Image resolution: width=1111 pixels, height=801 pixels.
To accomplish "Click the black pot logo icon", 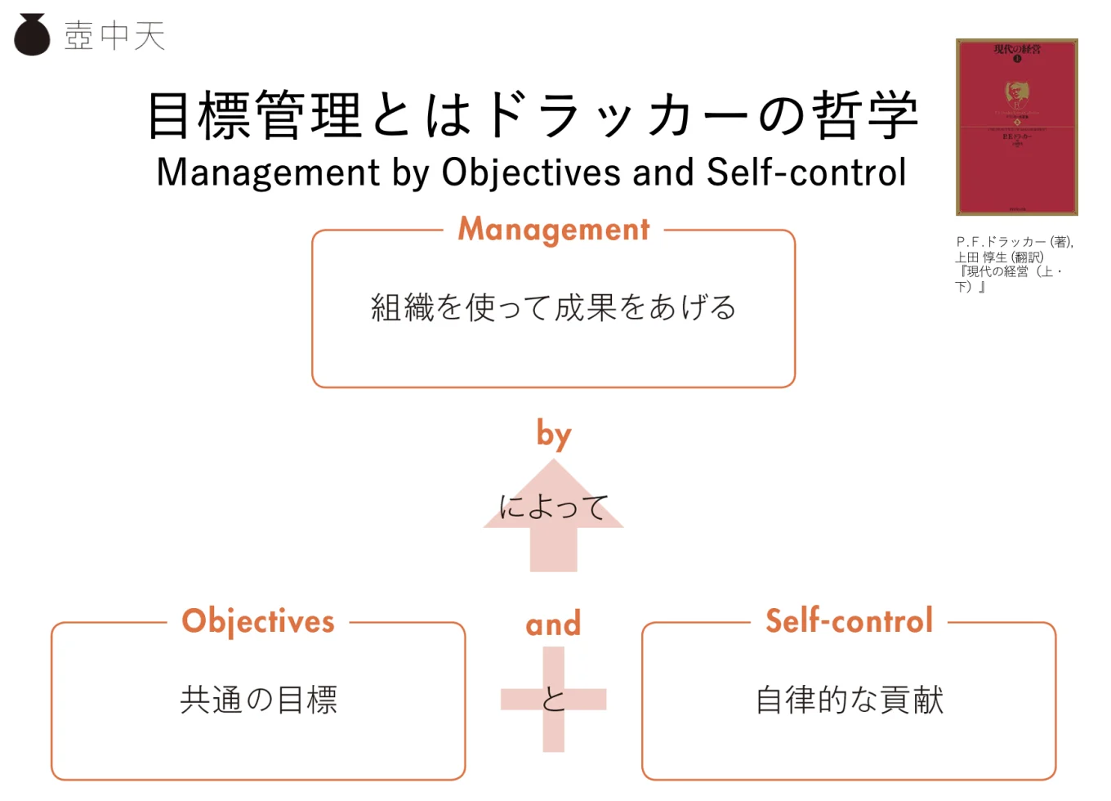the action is tap(33, 35).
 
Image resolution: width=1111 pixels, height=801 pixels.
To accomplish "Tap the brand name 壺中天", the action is tap(115, 36).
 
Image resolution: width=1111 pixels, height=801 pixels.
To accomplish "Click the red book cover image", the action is tap(1016, 127).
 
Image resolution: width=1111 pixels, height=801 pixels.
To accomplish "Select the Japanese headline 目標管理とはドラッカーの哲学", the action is tap(533, 115).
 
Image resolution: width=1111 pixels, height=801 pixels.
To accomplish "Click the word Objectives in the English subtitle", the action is tap(531, 172).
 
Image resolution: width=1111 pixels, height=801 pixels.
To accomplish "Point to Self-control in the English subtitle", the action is tap(806, 172).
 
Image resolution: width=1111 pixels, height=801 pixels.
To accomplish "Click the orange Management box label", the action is tap(554, 230).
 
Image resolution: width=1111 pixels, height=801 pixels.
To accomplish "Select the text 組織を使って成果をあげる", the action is tap(554, 308).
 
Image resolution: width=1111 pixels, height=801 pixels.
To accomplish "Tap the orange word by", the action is tap(554, 434).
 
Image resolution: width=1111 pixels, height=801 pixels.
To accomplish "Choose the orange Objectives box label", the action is tap(258, 622).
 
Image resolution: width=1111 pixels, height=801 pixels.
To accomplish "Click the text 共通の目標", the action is tap(258, 700).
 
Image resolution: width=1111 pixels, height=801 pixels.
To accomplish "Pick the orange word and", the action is tap(554, 624).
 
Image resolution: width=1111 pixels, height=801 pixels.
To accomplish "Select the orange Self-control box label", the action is tap(849, 621).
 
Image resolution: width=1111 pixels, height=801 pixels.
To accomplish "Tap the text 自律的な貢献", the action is tap(850, 700).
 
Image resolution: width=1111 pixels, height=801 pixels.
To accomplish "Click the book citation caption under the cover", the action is tap(1013, 264).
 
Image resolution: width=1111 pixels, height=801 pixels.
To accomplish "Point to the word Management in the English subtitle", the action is tap(268, 172).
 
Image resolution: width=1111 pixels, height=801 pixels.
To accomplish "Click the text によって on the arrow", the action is tap(554, 507).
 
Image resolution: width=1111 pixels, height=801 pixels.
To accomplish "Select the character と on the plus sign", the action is tap(554, 700).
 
